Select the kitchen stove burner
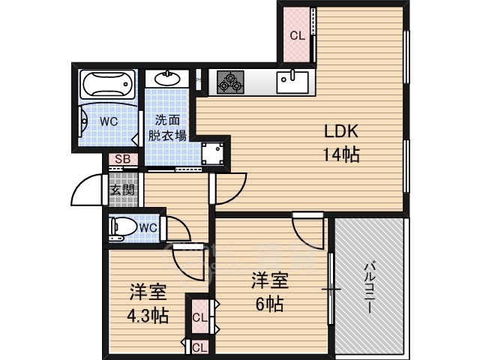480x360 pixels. [x=230, y=82]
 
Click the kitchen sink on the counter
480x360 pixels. [x=292, y=80]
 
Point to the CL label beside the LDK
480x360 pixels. [x=297, y=35]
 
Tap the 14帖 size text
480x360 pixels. [x=341, y=155]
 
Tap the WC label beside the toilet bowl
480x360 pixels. [x=148, y=228]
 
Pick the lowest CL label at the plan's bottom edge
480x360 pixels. [x=199, y=346]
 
